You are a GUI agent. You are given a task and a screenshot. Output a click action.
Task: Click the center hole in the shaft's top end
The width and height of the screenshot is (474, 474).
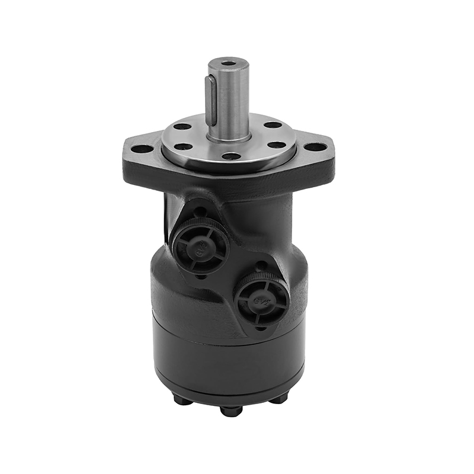point(228,62)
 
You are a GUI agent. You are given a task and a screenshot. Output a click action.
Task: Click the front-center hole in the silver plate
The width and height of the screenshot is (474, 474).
point(231,156)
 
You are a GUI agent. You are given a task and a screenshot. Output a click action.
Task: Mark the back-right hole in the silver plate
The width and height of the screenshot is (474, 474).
point(272,125)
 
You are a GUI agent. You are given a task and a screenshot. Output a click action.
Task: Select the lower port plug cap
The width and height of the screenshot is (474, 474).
point(261,300)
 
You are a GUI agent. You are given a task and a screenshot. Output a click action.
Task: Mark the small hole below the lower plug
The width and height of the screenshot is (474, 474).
point(260,328)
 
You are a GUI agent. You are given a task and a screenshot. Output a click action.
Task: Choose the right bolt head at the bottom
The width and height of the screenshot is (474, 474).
point(278,398)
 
